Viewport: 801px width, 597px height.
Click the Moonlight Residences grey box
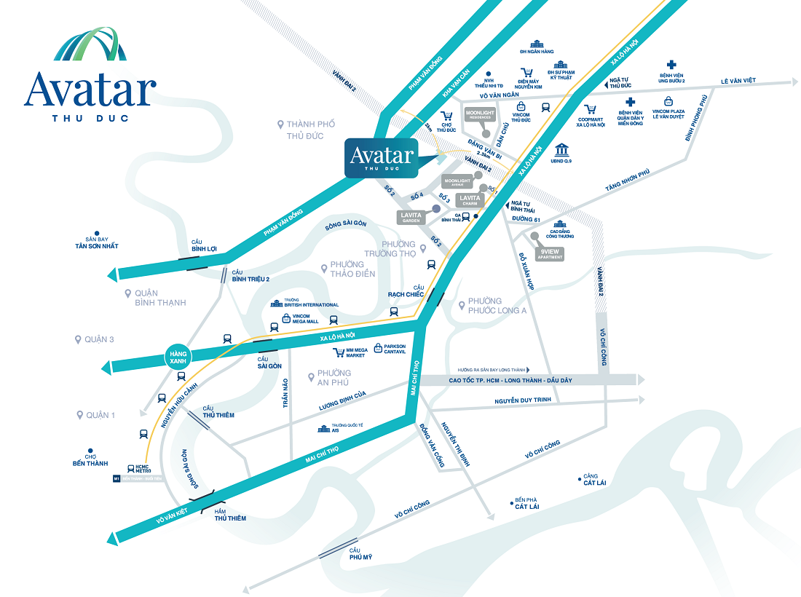479,114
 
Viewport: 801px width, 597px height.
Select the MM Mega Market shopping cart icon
338,352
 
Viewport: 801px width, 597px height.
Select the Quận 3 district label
99,339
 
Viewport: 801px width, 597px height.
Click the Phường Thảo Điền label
352,269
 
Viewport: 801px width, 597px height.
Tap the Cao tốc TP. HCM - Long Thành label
520,380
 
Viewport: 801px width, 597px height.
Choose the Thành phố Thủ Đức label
310,130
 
